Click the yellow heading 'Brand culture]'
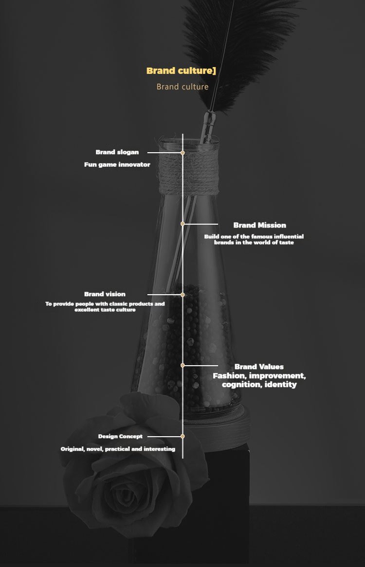(x=181, y=71)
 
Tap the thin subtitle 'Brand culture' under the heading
(x=182, y=87)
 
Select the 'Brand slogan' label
(x=117, y=152)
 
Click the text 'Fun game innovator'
(x=117, y=164)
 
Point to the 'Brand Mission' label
(x=260, y=225)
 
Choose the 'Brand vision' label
(x=105, y=294)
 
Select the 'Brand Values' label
(x=259, y=367)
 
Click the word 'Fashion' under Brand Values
(x=229, y=376)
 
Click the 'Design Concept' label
(x=121, y=437)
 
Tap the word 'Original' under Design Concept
(x=73, y=449)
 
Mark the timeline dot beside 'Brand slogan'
(x=182, y=153)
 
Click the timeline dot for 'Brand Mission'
(x=182, y=224)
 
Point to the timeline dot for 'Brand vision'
(x=182, y=295)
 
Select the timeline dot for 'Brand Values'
(x=182, y=366)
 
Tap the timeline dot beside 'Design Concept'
(x=182, y=437)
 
